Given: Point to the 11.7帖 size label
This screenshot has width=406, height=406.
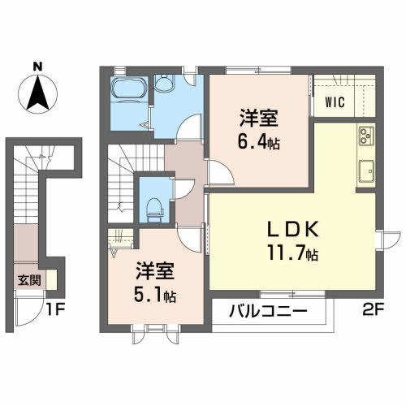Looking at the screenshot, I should click(292, 253).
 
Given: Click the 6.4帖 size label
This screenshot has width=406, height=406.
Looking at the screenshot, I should click(259, 140).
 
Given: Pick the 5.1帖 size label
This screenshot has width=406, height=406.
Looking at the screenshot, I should click(153, 292).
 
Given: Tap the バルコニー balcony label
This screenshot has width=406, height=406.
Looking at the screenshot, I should click(267, 310).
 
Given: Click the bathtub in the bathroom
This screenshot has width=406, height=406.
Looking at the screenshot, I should click(128, 89).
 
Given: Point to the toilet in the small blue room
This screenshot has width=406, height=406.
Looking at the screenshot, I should click(153, 207).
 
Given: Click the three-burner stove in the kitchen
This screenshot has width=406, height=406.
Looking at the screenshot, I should click(364, 136).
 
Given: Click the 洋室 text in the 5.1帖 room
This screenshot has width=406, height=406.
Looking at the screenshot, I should click(153, 270).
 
